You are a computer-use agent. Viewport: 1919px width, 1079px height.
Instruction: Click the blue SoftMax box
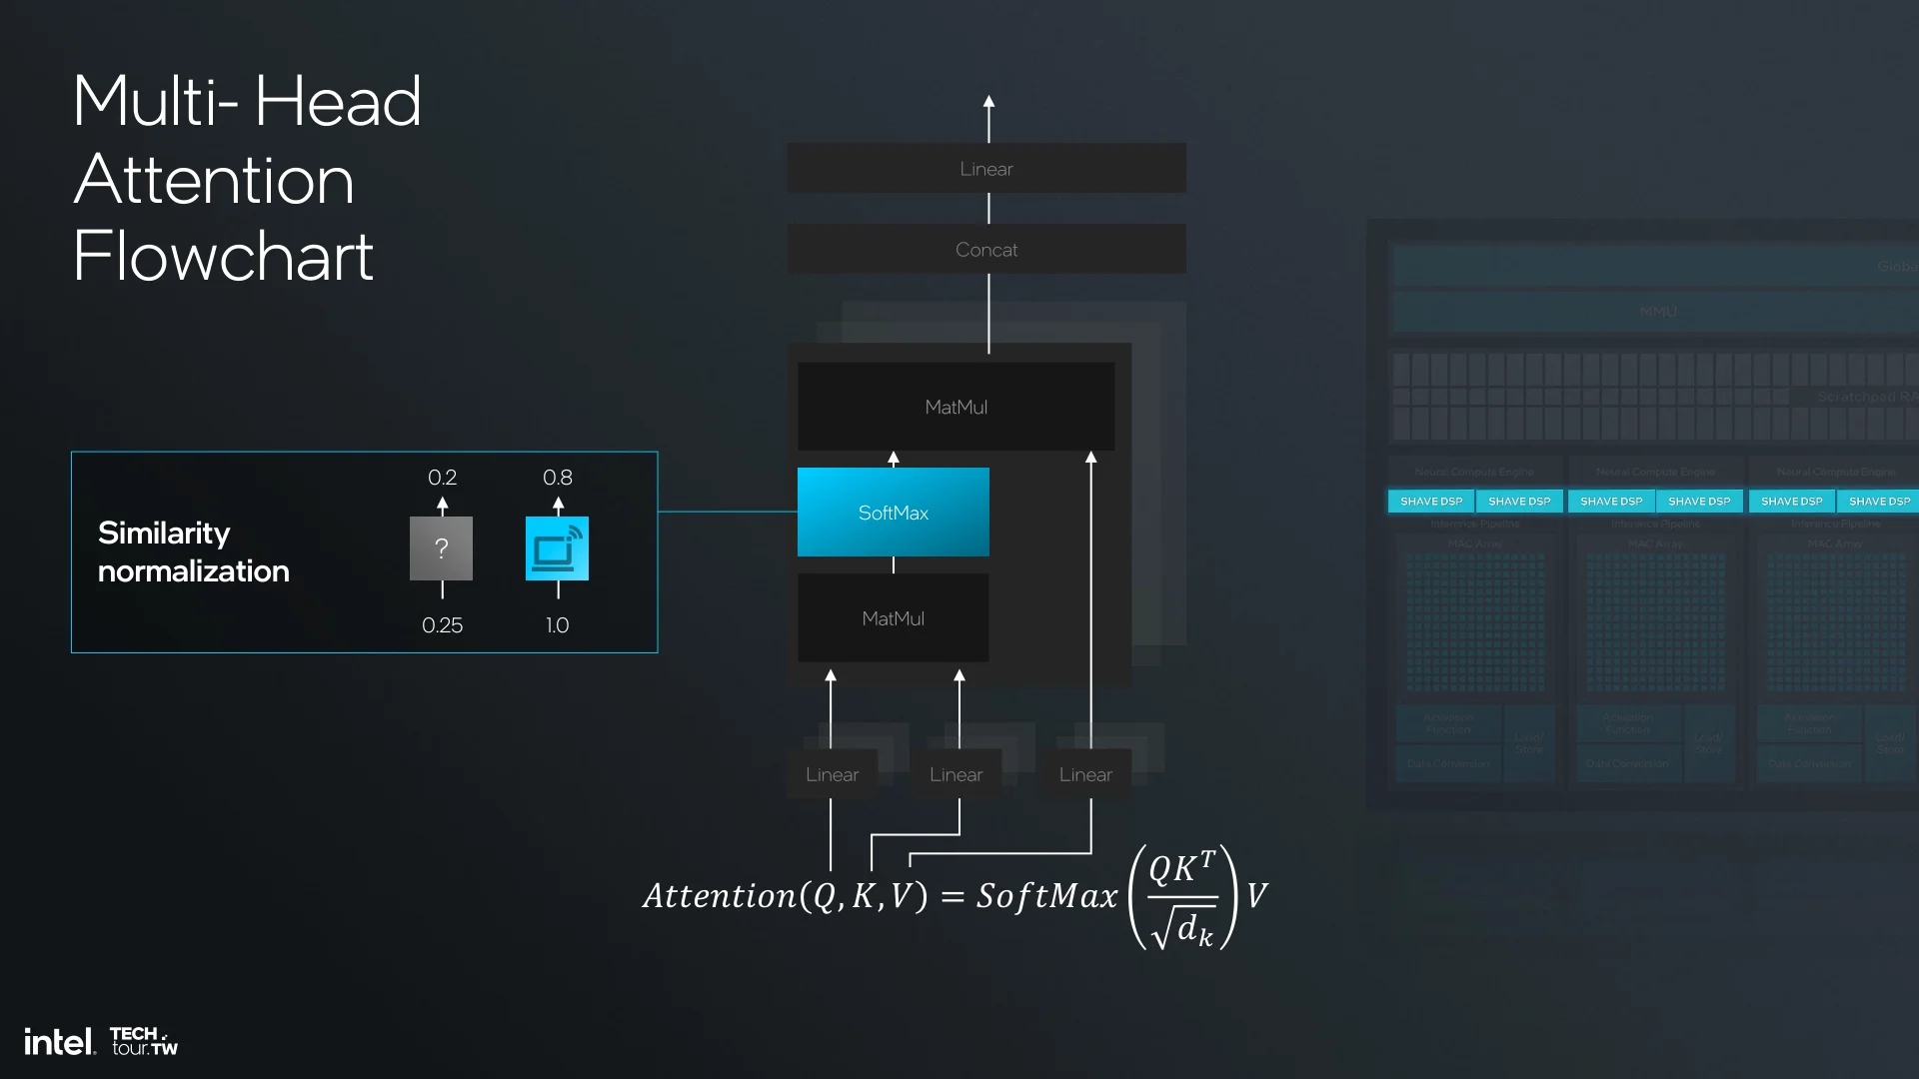(x=893, y=512)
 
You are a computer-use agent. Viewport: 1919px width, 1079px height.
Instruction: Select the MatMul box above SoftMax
(x=956, y=407)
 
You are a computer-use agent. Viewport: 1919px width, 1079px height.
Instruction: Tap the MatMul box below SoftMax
(x=893, y=618)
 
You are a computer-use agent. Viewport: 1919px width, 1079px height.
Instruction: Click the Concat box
(x=986, y=249)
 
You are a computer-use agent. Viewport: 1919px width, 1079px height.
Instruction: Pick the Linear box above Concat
(x=986, y=169)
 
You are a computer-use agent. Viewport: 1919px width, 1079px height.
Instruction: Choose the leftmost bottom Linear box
(x=832, y=774)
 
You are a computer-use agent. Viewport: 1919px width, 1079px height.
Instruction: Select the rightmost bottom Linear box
(x=1085, y=774)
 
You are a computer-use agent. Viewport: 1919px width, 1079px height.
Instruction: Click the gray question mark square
(x=441, y=548)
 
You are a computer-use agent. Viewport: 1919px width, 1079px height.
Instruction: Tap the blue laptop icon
(x=557, y=548)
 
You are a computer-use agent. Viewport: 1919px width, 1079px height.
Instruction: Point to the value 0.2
(x=442, y=478)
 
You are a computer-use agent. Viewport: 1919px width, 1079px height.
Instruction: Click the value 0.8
(x=557, y=478)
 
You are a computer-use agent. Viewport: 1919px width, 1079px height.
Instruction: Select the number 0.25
(x=442, y=625)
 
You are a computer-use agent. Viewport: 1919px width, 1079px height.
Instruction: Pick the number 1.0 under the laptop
(x=557, y=625)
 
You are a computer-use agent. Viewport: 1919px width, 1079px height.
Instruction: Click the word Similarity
(x=164, y=534)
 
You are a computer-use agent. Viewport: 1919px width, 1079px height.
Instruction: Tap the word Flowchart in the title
(x=223, y=257)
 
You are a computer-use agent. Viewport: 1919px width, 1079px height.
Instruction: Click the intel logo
(x=59, y=1042)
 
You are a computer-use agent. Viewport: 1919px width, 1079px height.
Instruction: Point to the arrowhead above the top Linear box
(x=988, y=102)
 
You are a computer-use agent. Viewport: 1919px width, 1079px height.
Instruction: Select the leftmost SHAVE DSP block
(x=1431, y=501)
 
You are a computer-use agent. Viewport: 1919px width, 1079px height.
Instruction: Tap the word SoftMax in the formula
(x=1046, y=896)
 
